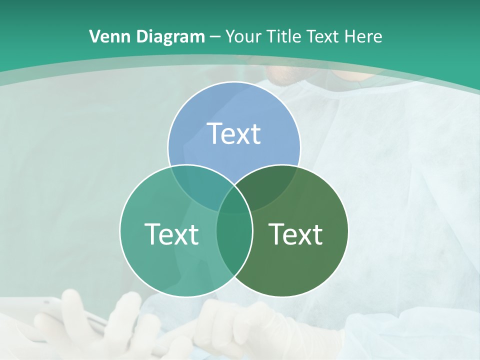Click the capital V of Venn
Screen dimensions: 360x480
click(94, 36)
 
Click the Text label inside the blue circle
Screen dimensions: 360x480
click(234, 134)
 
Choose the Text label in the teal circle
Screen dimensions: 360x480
click(171, 234)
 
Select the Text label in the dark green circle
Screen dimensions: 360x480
click(296, 234)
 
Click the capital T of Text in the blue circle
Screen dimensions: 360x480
click(214, 134)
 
